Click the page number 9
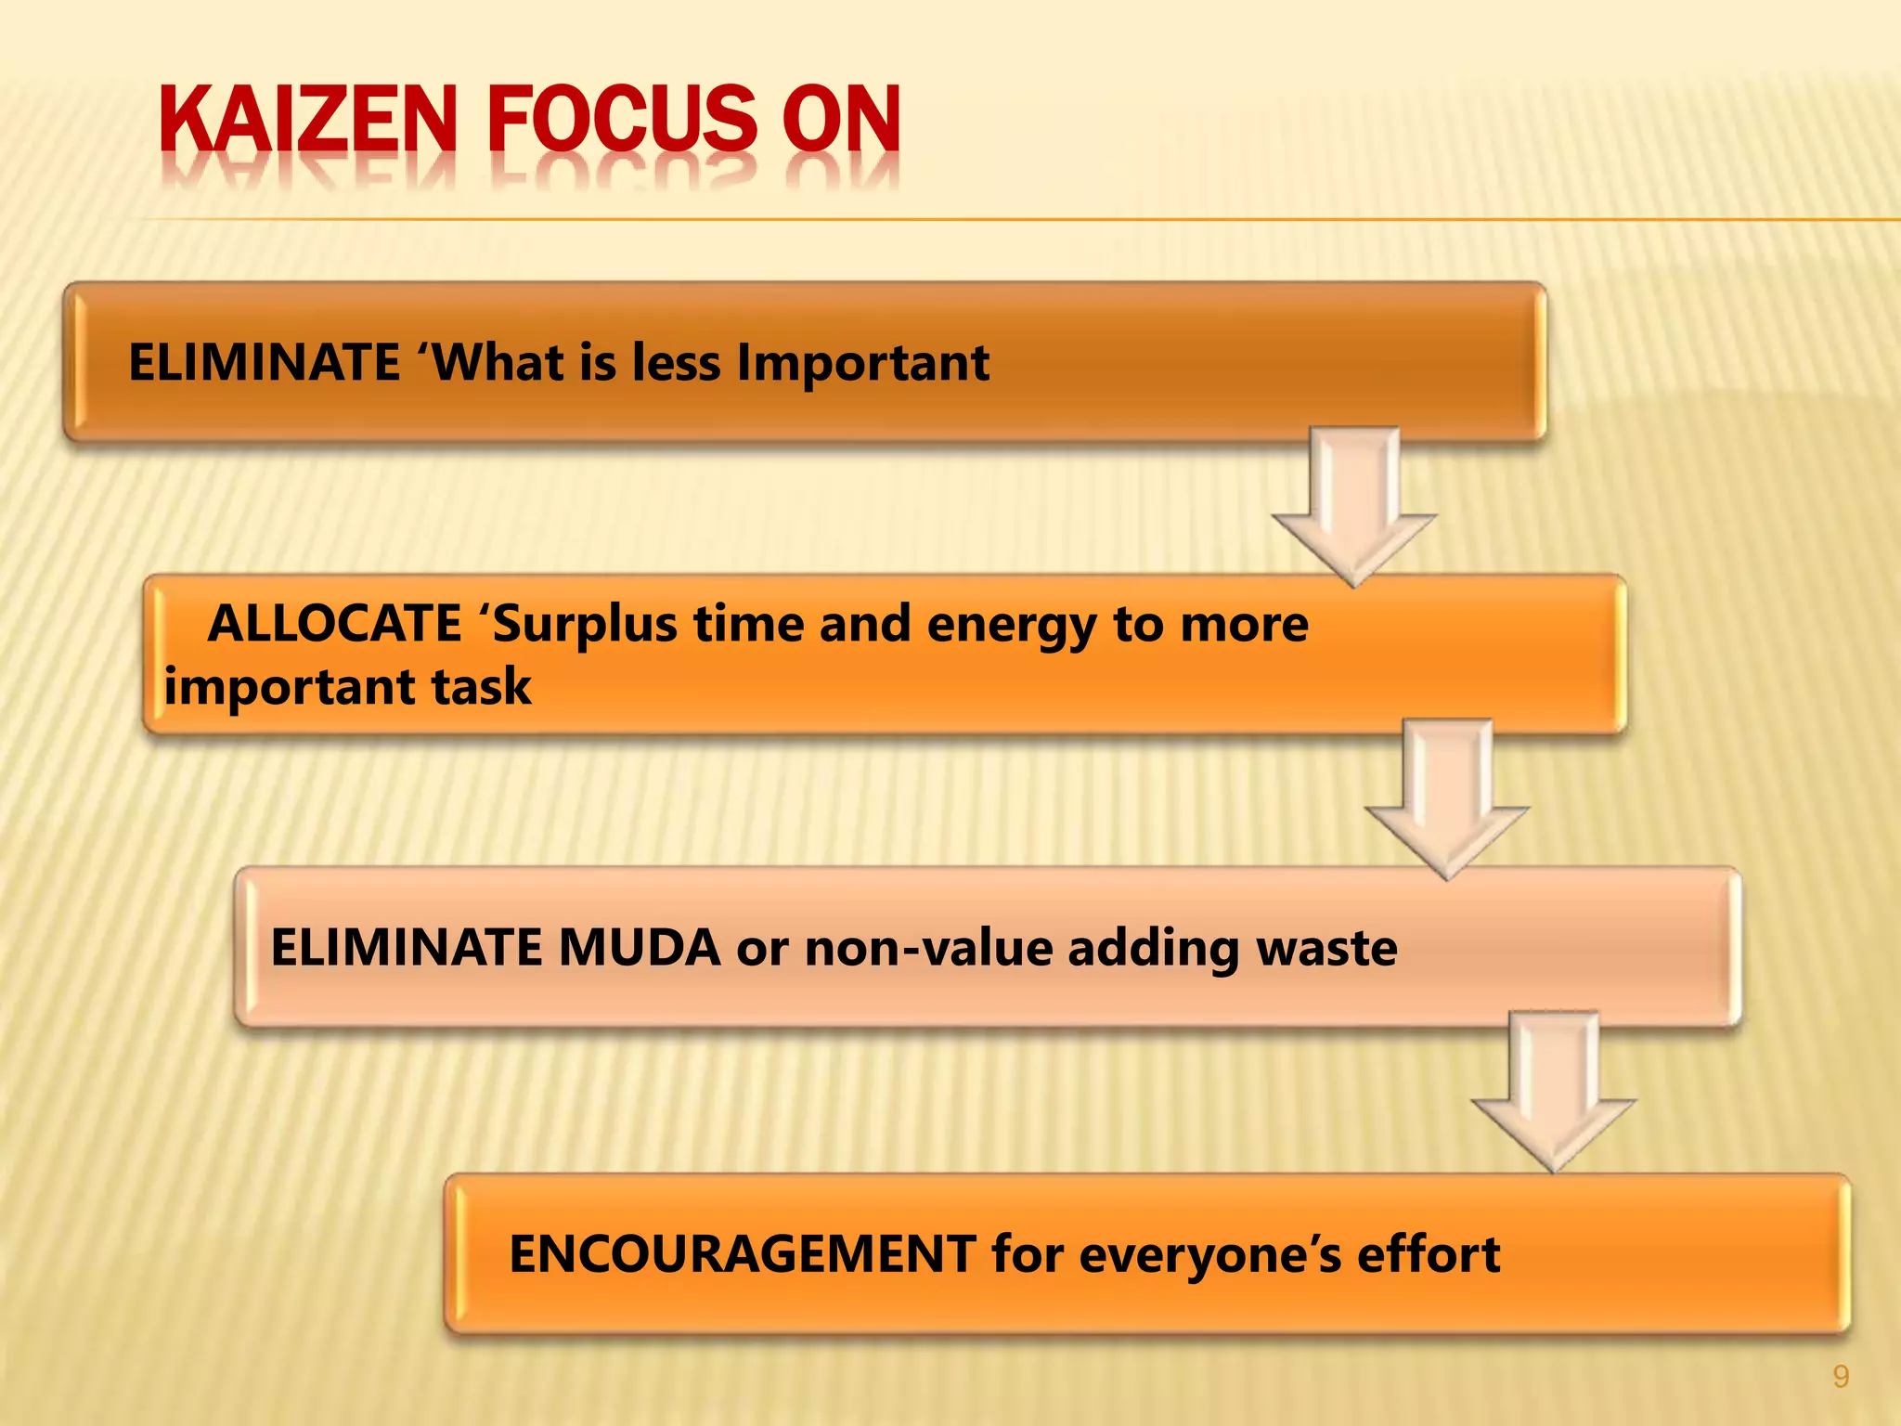(x=1841, y=1377)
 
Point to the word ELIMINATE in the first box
(x=264, y=362)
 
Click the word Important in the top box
(x=862, y=362)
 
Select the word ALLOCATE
(x=334, y=623)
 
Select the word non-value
(x=928, y=948)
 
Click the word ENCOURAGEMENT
(x=742, y=1254)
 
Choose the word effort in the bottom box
(x=1429, y=1254)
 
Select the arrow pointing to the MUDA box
(x=1446, y=798)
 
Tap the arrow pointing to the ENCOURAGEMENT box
(x=1553, y=1091)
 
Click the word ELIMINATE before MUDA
(x=406, y=948)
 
